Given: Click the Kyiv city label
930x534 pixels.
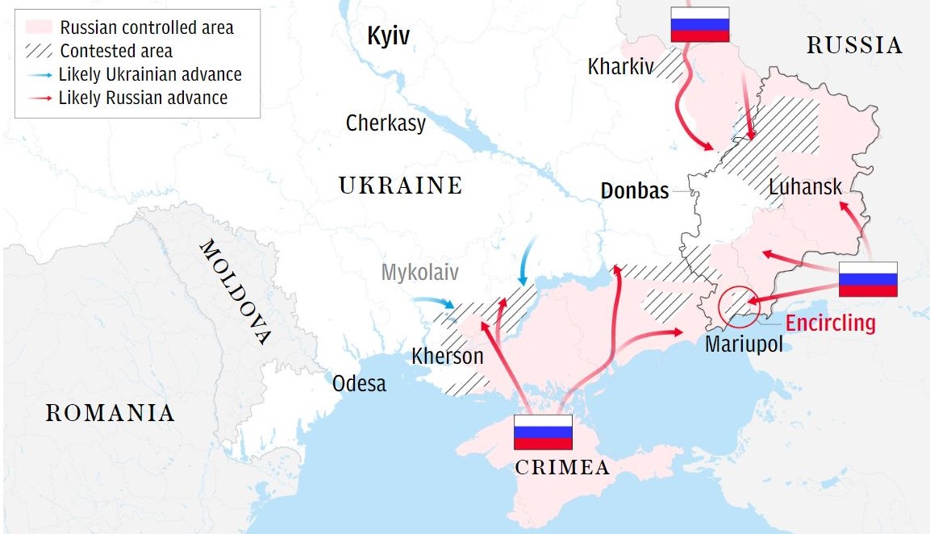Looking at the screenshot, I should click(389, 36).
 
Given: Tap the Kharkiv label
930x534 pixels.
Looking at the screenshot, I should click(620, 66).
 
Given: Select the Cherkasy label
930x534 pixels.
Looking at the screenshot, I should click(386, 123).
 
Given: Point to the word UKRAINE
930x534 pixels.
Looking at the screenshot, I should click(401, 186).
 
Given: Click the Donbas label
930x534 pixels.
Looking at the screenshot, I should click(635, 191).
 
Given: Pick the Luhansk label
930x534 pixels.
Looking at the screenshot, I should click(805, 187).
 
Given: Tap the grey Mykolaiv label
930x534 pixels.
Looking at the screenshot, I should click(420, 273).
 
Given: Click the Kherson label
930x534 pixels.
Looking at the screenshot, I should click(448, 356).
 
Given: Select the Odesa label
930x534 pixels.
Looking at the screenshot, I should click(359, 383).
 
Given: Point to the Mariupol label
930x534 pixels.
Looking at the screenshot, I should click(744, 344).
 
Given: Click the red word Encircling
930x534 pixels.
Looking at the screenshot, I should click(830, 323).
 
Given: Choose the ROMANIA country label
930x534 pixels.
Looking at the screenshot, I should click(110, 414).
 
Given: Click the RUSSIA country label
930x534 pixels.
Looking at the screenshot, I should click(854, 46).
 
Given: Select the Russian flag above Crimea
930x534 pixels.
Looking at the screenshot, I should click(543, 432).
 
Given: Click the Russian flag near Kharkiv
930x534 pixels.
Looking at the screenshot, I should click(700, 24).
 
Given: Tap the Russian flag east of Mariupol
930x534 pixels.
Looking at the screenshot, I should click(868, 279).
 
